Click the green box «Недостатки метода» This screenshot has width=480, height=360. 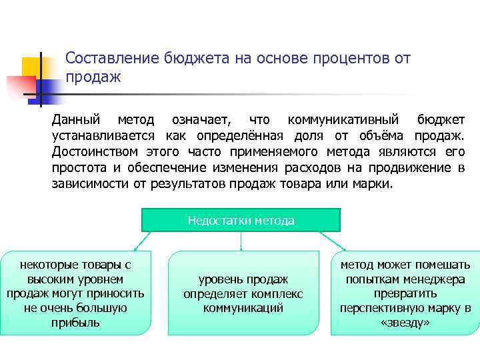pos(241,220)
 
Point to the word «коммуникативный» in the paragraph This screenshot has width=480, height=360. pos(343,120)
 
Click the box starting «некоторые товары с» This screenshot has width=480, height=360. pos(75,293)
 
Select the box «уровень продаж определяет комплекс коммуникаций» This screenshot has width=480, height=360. pos(243,293)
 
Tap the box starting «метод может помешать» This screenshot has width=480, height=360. pos(405,293)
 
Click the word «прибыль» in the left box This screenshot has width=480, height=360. pos(75,323)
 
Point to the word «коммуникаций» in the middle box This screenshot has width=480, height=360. pos(243,308)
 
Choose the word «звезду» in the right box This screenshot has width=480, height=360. pos(405,323)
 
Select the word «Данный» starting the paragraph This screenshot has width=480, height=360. pos(77,120)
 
